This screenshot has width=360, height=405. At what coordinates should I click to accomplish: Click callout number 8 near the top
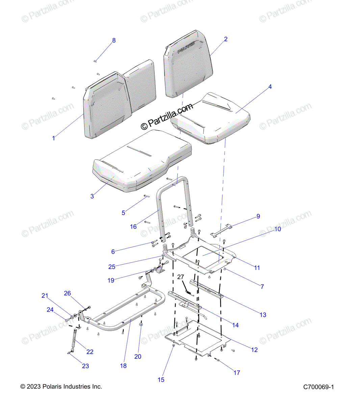(114, 40)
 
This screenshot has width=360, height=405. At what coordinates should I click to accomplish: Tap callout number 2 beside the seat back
(226, 39)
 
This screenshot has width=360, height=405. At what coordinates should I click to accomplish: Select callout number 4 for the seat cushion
(270, 87)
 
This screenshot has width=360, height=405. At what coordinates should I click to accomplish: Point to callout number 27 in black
(181, 277)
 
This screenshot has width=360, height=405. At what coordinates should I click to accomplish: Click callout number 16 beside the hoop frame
(133, 226)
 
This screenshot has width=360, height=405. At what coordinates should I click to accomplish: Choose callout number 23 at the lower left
(85, 366)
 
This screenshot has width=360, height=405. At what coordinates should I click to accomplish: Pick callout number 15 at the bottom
(161, 380)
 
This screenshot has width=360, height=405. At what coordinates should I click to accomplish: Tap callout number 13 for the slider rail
(263, 315)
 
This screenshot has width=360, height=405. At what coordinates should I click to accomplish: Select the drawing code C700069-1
(318, 387)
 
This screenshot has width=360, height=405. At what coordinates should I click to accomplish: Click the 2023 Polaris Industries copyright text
(61, 387)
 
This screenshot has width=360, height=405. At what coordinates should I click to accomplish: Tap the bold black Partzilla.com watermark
(167, 116)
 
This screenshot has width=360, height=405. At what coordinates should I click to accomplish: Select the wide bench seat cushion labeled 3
(142, 162)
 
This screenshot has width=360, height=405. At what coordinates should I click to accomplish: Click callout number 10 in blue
(277, 229)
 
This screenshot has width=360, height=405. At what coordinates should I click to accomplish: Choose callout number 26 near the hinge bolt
(68, 293)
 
